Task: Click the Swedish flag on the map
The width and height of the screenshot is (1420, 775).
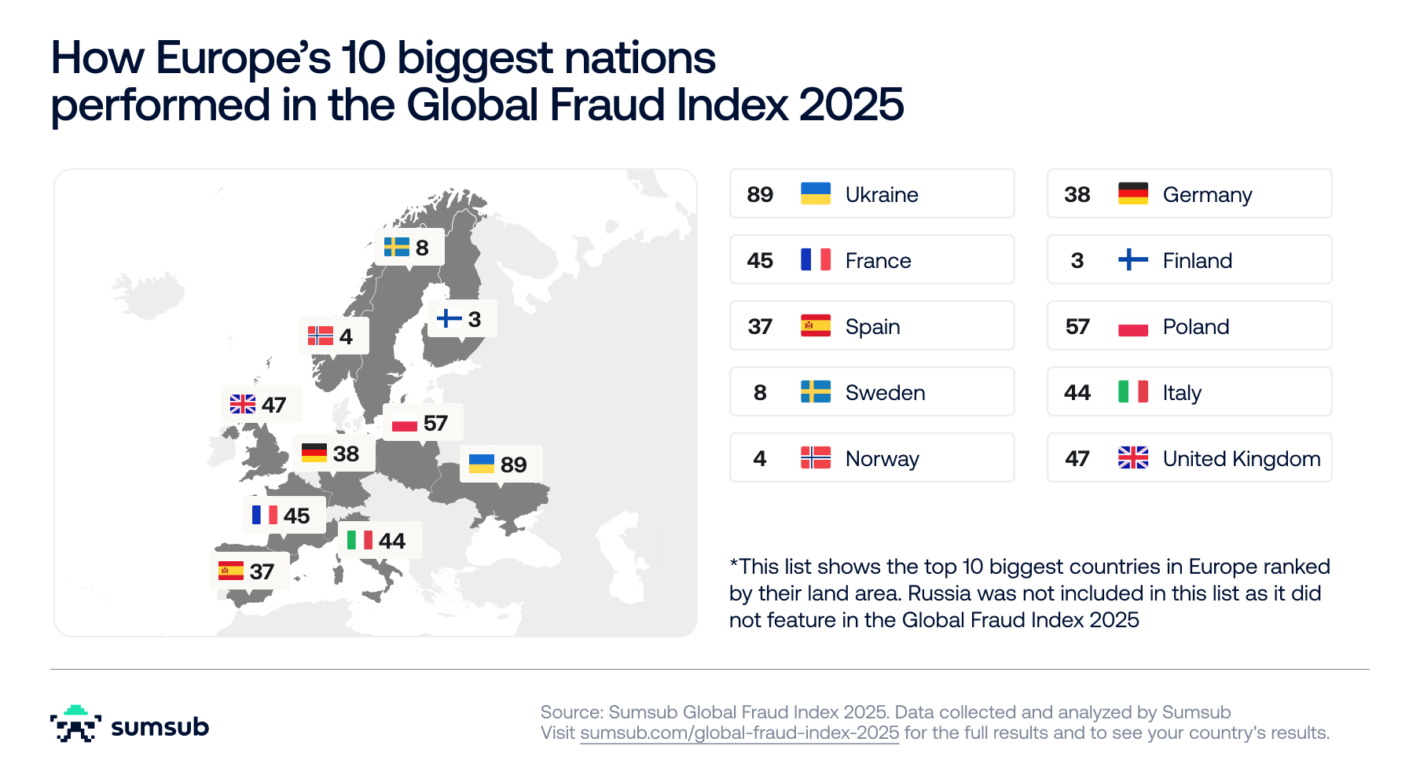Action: point(396,248)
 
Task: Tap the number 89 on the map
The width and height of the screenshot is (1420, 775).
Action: point(513,465)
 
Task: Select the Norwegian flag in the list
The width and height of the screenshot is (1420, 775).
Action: point(816,457)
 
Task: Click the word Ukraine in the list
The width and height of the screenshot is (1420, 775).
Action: point(882,195)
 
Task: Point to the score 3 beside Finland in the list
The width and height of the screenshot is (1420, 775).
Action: point(1077,261)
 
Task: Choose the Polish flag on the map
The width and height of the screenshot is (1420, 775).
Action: point(404,424)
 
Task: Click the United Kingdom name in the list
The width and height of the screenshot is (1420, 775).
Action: point(1241,459)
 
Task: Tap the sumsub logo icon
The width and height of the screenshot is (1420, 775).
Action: point(75,724)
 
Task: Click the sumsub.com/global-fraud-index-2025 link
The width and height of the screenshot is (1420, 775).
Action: point(739,733)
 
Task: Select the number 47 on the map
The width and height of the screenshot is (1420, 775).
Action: point(273,406)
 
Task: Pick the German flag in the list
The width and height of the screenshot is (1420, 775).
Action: point(1132,194)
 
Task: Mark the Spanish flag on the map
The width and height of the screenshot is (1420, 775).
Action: point(231,571)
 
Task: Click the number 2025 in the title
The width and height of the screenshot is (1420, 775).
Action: point(851,105)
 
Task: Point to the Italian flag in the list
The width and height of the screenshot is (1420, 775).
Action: point(1132,392)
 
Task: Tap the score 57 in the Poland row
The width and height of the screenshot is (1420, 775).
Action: point(1077,327)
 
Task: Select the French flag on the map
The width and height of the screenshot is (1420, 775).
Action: point(264,516)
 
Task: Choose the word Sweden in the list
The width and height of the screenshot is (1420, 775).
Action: point(885,393)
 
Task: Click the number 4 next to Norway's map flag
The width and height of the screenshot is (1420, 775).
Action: point(346,337)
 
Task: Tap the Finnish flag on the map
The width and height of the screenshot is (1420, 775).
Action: point(449,318)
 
